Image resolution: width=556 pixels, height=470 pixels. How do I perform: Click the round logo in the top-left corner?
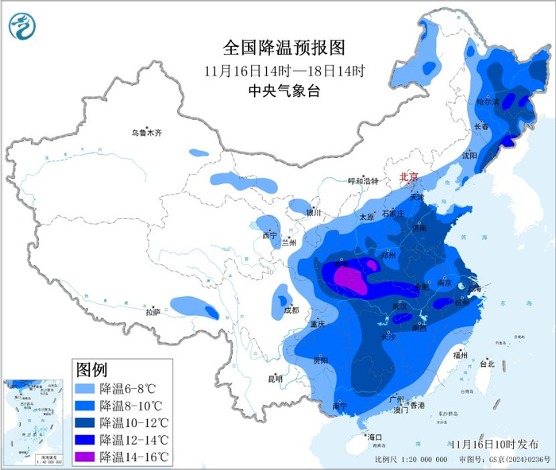23,26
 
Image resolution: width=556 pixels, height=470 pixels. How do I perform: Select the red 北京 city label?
408,177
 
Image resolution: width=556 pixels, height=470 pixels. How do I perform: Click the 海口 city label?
374,437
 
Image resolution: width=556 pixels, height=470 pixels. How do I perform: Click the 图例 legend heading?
91,369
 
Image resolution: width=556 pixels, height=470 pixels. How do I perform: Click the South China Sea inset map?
33,422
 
